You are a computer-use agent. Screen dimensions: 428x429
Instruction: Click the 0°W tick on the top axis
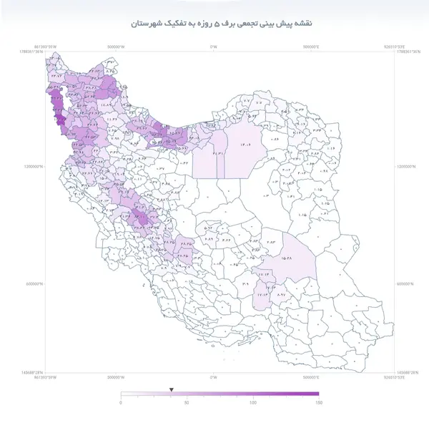213,47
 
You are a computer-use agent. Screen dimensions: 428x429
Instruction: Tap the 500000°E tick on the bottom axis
312,376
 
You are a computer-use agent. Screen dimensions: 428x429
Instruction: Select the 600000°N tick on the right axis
406,284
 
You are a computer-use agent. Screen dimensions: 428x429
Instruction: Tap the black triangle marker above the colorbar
171,390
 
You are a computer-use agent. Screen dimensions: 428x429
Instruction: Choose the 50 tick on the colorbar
187,403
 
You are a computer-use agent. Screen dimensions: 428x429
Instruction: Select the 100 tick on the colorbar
252,403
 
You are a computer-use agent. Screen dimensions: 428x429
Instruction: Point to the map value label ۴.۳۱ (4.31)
218,153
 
